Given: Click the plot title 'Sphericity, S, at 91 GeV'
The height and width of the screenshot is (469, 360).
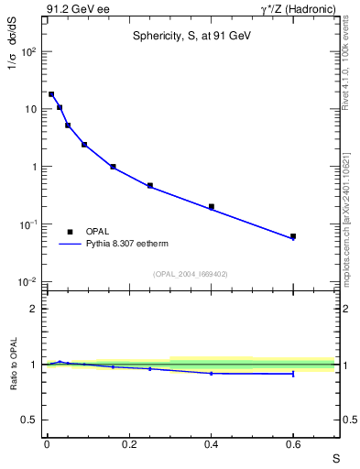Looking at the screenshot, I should (x=190, y=36).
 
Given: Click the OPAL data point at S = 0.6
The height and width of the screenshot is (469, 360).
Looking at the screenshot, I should (x=293, y=236).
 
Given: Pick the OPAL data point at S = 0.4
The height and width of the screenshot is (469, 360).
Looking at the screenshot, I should (x=212, y=207).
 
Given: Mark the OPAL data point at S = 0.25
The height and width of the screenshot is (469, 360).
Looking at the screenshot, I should (x=150, y=185).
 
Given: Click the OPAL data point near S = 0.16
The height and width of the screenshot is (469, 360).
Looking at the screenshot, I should (x=113, y=167).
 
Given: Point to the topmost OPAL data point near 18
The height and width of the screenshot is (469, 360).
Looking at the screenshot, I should (x=51, y=94).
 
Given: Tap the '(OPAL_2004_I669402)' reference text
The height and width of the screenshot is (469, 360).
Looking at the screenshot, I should (x=190, y=273).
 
